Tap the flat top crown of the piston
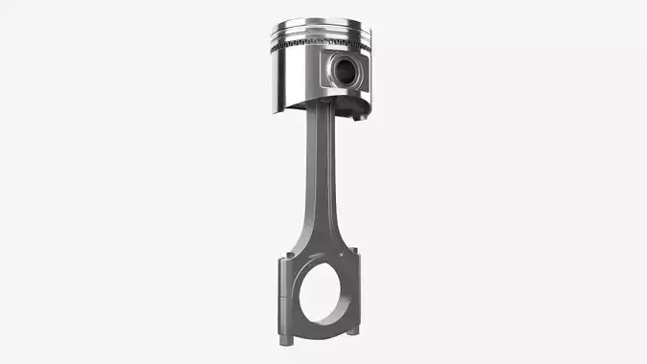[x=323, y=26]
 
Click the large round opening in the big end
[x=323, y=292]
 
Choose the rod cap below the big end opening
[x=323, y=330]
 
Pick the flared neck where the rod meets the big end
[x=321, y=244]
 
